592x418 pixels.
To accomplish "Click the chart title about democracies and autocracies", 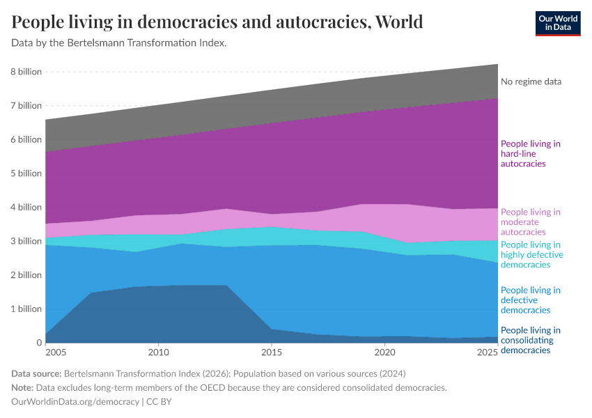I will click(217, 22).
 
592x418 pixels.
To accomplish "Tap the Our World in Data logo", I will click(558, 22).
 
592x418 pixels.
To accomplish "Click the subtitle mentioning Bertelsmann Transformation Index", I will click(119, 43).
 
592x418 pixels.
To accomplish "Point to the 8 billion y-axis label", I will click(26, 72).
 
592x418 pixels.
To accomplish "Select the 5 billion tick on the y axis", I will click(26, 173).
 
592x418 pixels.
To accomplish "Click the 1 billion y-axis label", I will click(26, 309).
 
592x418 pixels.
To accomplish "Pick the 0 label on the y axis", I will click(39, 343).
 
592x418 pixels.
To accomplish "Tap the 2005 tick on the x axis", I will click(45, 354).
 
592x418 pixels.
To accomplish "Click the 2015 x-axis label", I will click(272, 354).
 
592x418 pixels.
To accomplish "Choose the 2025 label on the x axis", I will click(488, 354).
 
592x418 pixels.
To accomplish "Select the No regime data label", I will click(531, 82).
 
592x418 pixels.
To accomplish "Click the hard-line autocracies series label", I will click(530, 153).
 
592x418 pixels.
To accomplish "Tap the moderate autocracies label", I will click(530, 222).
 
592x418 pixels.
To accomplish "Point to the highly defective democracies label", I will click(531, 255).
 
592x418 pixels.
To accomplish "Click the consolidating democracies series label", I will click(530, 340).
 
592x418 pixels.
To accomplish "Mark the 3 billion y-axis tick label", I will click(26, 241).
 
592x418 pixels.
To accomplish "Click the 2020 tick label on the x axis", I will click(384, 354).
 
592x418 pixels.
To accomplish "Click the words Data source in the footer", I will click(38, 373).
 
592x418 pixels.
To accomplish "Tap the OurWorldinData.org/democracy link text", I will click(75, 402).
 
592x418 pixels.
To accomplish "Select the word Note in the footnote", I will click(23, 387).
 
